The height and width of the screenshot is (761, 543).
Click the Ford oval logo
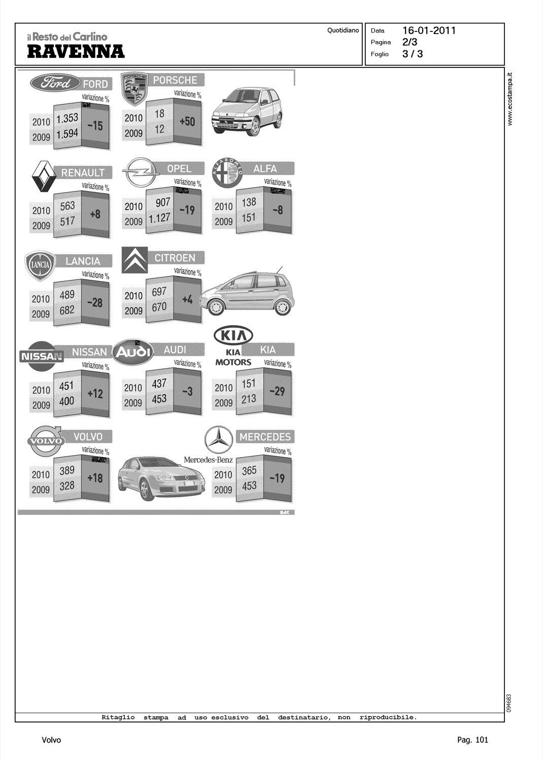tap(55, 82)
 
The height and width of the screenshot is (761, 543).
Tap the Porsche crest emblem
tap(135, 89)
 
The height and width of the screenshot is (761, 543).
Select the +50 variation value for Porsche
tap(187, 122)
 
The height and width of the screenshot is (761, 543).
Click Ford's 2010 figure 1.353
tap(67, 118)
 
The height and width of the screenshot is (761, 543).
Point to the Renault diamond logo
tap(44, 177)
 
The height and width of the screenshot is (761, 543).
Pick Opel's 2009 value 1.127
tap(159, 218)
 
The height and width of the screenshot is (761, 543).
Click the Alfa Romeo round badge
tap(227, 172)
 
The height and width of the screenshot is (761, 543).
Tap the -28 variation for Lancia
tap(95, 302)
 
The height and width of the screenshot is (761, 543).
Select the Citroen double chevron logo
tap(134, 260)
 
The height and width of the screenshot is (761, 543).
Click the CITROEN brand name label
tap(175, 258)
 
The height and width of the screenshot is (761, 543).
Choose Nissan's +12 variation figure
tap(95, 393)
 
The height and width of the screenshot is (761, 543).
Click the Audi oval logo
tap(133, 352)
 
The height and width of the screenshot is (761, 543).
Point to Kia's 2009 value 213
tap(249, 399)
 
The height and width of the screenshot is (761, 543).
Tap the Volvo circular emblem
tap(46, 441)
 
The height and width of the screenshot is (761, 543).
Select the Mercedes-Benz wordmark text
tap(208, 460)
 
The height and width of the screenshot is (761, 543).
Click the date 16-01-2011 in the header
tap(429, 30)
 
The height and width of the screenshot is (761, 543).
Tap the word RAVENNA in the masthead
tap(76, 51)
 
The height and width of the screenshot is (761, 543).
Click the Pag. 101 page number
tap(472, 740)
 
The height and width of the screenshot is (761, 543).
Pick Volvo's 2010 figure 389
tap(67, 470)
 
